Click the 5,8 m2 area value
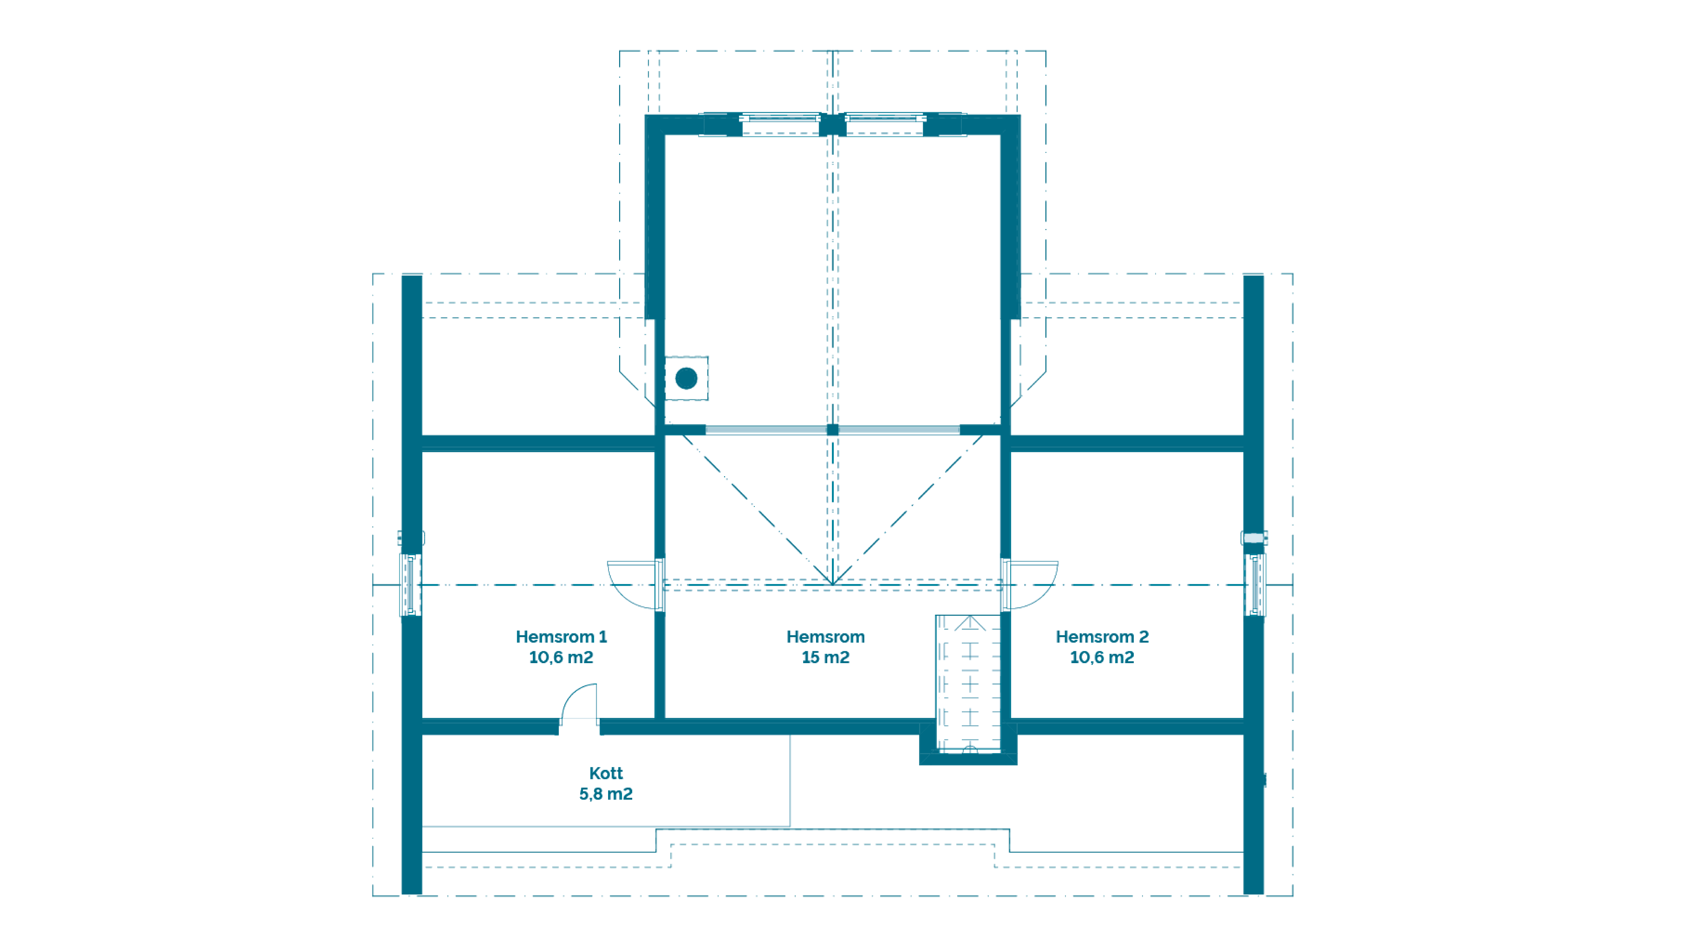click(x=606, y=794)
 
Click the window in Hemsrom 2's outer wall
click(x=1255, y=585)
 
